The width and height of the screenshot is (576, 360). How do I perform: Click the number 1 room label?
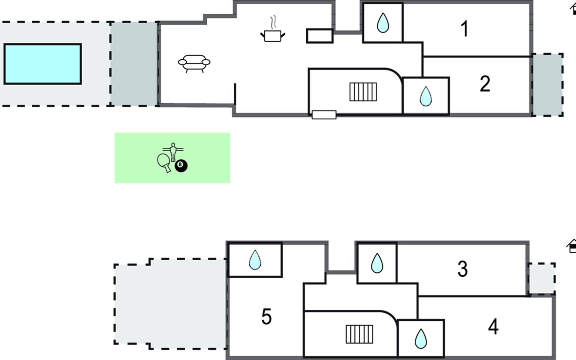(x=465, y=29)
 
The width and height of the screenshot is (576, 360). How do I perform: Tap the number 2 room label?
(x=485, y=84)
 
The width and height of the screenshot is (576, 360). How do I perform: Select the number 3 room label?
(x=462, y=268)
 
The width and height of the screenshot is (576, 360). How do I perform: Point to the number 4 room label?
(x=493, y=327)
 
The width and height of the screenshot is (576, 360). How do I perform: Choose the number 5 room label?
(x=266, y=316)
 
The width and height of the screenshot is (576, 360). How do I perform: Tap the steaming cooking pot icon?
(x=273, y=29)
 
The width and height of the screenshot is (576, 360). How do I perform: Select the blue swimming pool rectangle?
(x=43, y=64)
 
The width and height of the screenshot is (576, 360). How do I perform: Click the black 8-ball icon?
(x=181, y=166)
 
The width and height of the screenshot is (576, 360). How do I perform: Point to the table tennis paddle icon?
(x=164, y=163)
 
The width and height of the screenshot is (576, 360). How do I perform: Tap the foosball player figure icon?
(x=173, y=152)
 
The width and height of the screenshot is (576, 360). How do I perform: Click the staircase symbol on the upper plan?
(x=363, y=92)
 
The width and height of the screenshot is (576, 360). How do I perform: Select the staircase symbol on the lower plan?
(x=359, y=334)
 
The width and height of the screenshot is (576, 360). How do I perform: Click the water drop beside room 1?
(x=382, y=22)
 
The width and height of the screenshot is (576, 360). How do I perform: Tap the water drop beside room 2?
(x=425, y=96)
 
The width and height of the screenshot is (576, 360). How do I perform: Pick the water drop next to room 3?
(x=377, y=263)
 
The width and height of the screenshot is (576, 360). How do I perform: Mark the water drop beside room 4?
(x=421, y=339)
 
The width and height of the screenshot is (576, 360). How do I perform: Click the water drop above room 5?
(x=255, y=260)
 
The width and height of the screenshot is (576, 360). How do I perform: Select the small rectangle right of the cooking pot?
(x=320, y=36)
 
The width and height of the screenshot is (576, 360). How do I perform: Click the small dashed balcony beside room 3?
(x=541, y=279)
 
